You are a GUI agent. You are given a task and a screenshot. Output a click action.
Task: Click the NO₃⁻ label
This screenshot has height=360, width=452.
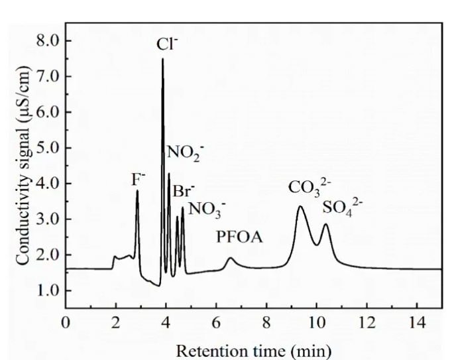pos(206,210)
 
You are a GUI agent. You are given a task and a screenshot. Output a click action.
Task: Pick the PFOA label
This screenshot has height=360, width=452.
pos(239,237)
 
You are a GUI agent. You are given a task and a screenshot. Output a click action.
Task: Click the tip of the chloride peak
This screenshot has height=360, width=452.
pos(162,59)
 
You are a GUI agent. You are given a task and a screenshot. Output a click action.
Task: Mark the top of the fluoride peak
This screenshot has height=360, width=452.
pos(137,191)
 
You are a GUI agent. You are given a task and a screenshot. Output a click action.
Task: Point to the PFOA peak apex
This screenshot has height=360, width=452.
pos(231,258)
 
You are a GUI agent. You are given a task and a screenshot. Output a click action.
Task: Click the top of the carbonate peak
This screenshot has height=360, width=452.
pos(300,207)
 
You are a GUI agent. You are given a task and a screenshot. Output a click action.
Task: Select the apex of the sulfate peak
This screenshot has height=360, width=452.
pos(325,224)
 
